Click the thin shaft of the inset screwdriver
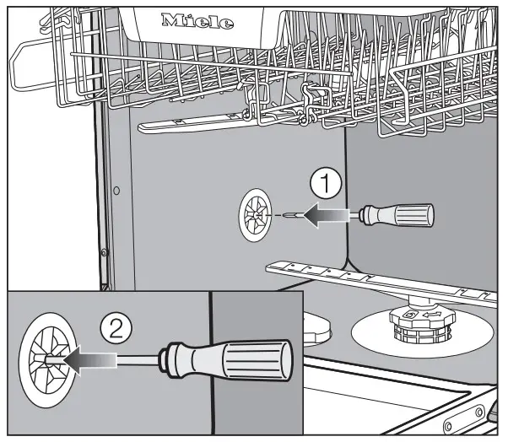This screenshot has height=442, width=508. pyautogui.click(x=139, y=362)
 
